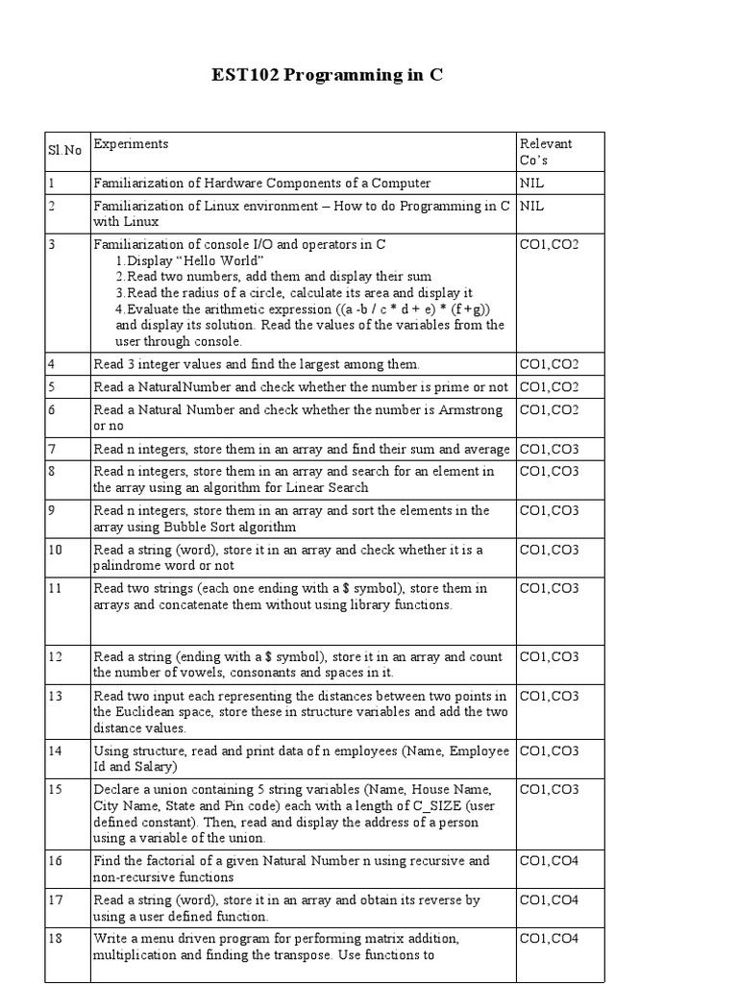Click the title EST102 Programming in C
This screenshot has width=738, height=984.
click(x=328, y=75)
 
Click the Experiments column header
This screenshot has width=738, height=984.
click(x=131, y=144)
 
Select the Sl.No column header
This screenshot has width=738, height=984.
click(x=65, y=151)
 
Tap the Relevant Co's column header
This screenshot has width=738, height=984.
click(x=545, y=151)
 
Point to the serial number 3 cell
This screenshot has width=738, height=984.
click(x=53, y=245)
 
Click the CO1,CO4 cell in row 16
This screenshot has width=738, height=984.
click(x=549, y=861)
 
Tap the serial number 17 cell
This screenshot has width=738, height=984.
click(x=57, y=900)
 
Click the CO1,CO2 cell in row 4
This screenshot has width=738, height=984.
click(x=549, y=364)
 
